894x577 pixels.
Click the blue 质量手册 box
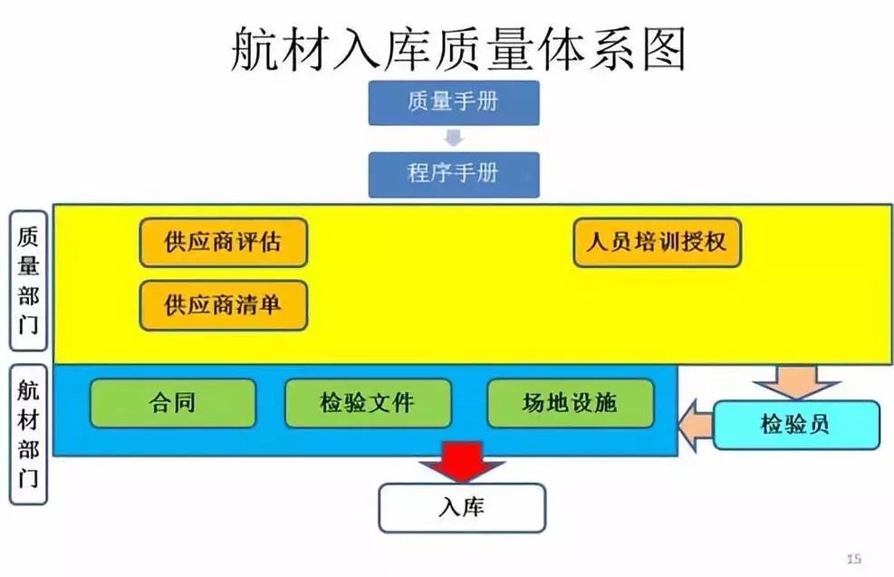453,102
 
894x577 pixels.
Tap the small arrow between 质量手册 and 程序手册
454,139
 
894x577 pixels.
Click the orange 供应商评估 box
223,243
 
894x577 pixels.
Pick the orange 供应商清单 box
223,305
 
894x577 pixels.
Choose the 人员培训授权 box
657,243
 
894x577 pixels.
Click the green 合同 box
172,403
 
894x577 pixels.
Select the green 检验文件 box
367,403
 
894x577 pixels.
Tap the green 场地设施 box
570,403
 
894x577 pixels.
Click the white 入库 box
461,507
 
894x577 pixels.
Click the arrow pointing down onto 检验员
796,381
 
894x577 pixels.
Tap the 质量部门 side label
28,281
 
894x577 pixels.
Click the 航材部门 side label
28,434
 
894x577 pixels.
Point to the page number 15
852,558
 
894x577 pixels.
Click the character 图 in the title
662,49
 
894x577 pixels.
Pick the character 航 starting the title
255,49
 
